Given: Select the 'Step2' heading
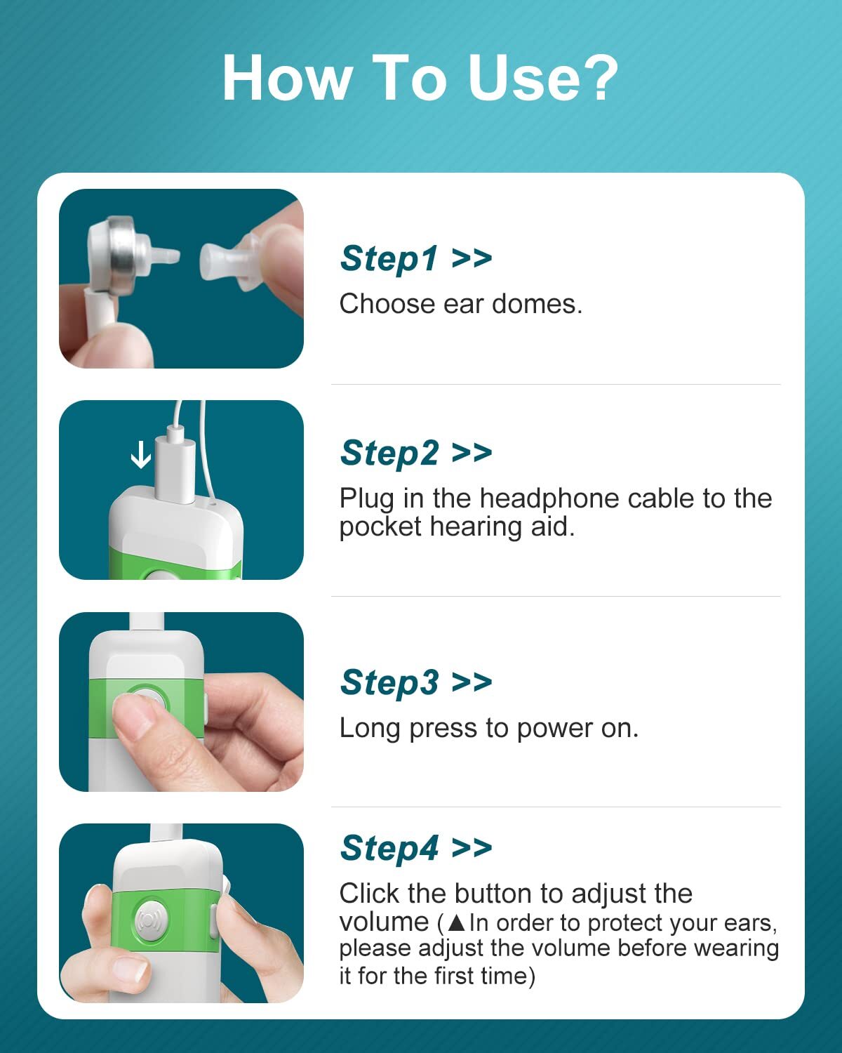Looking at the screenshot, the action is (389, 452).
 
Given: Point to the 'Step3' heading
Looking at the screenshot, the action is (389, 682).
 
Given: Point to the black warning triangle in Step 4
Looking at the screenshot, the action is (456, 922).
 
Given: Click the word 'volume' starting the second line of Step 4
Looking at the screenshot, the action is (385, 922).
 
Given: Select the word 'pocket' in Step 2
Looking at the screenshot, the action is (380, 527).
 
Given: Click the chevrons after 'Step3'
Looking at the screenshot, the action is (472, 682).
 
